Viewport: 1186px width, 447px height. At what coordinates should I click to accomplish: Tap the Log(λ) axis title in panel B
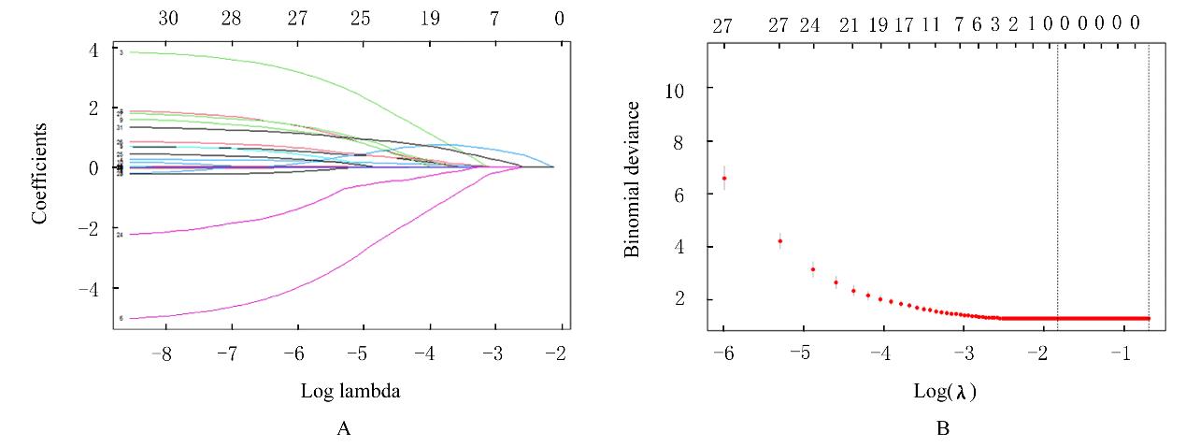coord(944,392)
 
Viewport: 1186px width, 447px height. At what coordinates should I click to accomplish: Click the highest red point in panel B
coord(723,178)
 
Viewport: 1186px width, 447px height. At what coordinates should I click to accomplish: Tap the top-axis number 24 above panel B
coord(809,26)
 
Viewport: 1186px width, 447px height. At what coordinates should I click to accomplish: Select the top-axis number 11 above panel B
coord(930,26)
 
